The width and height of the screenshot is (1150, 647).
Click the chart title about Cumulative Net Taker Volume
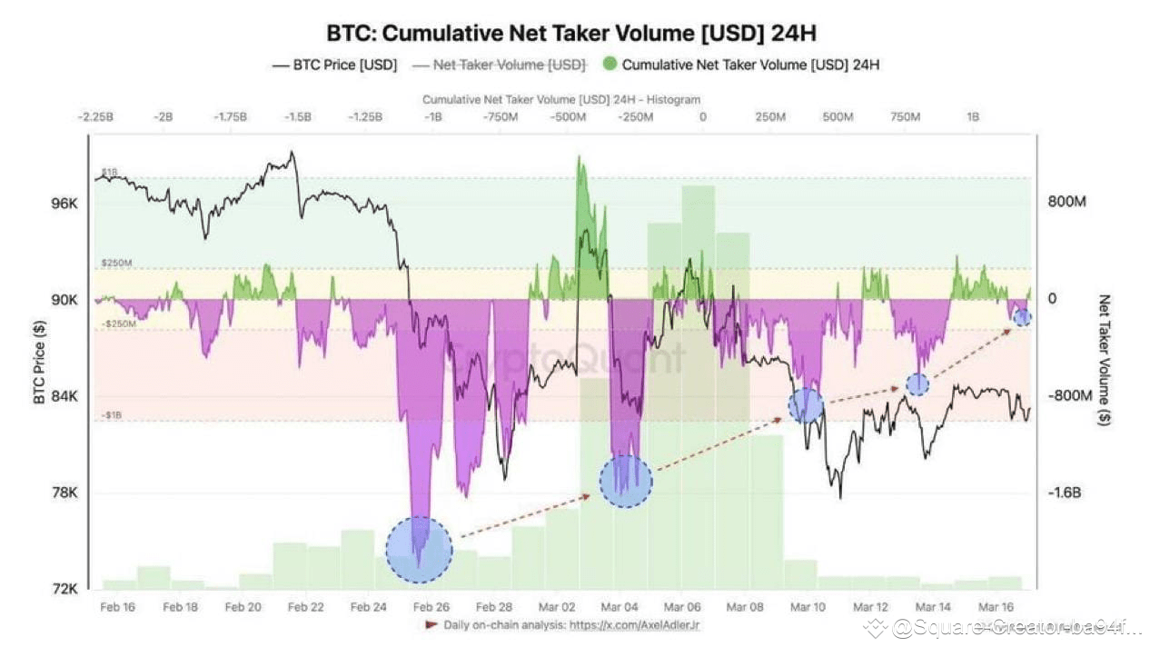coord(571,34)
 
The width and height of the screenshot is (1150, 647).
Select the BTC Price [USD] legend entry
coord(334,65)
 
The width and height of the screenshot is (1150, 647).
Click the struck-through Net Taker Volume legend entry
coord(500,65)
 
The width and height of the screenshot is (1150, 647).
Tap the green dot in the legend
coord(610,65)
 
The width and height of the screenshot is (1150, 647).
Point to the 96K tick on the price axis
coord(64,204)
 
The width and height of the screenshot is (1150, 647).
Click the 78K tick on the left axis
coord(64,493)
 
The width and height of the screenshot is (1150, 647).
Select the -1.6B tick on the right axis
coord(1066,493)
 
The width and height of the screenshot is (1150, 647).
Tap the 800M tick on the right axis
coord(1066,202)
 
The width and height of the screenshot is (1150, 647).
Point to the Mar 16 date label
coord(996,607)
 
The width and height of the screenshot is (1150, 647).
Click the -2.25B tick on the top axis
coord(95,117)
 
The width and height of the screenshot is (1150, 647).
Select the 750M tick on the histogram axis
coord(905,117)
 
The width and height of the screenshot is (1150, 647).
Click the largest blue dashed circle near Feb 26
coord(419,549)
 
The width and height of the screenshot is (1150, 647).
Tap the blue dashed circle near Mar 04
coord(626,481)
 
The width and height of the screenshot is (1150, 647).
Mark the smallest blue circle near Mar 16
coord(1022,317)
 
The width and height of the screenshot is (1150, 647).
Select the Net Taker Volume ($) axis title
coord(1105,361)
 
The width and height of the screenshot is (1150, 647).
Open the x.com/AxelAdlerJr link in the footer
coord(635,625)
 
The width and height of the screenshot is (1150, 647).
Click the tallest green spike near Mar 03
coord(580,164)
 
